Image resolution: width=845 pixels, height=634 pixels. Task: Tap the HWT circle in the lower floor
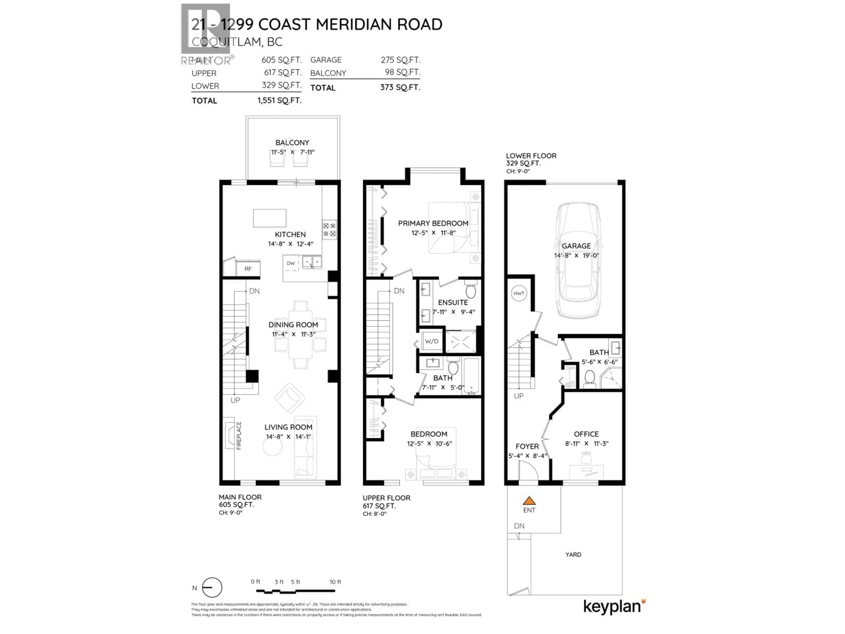(x=518, y=293)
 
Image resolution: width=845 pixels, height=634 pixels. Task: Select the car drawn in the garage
(x=578, y=260)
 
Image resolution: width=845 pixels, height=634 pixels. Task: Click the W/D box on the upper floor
(x=432, y=341)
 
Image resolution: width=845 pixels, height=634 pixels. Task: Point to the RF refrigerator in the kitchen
(x=248, y=269)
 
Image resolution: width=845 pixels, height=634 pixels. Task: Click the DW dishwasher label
(x=291, y=263)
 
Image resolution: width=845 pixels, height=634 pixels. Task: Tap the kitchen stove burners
(x=329, y=230)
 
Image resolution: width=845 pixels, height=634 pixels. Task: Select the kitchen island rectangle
(x=270, y=218)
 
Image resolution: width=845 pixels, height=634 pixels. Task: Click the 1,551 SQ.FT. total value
(x=279, y=101)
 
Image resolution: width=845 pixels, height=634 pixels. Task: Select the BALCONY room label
(x=292, y=143)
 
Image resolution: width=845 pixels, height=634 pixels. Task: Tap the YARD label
(x=573, y=555)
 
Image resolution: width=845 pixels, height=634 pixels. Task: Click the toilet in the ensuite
(x=471, y=290)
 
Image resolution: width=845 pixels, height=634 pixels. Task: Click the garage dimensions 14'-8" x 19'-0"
(x=577, y=256)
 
